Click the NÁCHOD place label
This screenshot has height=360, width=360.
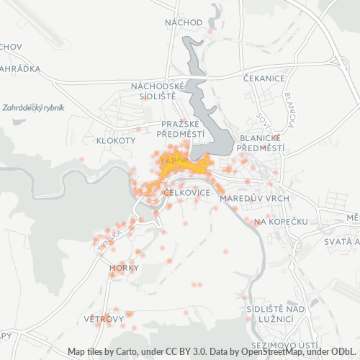point(184,22)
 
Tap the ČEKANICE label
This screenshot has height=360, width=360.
point(264,78)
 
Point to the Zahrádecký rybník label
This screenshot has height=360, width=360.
point(33,107)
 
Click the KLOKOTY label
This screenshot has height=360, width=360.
point(116,140)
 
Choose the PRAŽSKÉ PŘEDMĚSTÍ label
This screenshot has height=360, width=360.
point(184,128)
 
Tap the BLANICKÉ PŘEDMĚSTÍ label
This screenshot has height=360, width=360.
point(261,143)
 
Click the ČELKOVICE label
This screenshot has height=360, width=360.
point(186,193)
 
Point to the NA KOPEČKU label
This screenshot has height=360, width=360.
point(282,222)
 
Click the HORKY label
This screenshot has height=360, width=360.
point(119,268)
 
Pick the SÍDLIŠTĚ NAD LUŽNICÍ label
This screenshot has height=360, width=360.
point(269,312)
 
